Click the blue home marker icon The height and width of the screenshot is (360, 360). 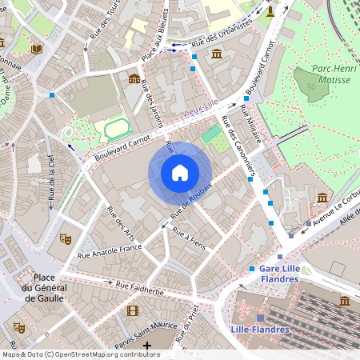(180, 173)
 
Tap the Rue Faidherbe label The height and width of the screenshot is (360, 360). (139, 288)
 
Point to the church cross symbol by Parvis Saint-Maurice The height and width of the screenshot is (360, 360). (147, 346)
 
